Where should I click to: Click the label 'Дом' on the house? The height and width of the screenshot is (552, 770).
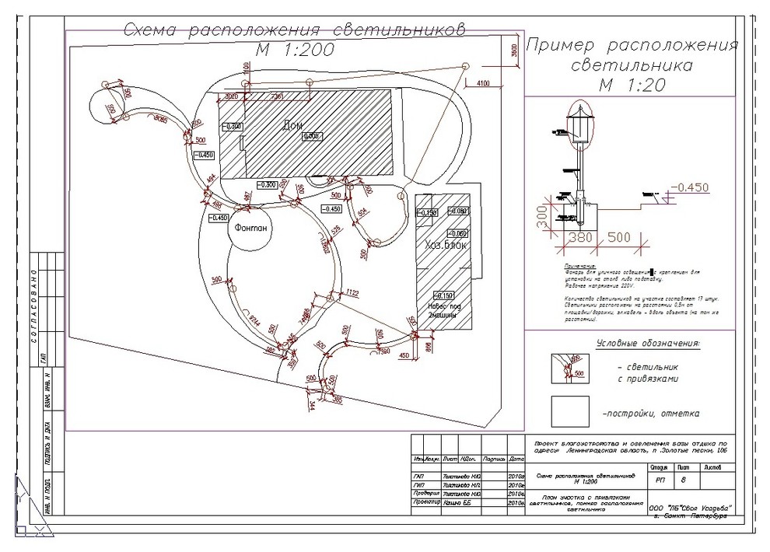292,127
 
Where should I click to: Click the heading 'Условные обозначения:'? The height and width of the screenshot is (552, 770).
648,343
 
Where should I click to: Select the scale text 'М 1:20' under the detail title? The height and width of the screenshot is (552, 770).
632,86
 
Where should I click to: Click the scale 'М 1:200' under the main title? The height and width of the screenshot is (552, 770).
295,50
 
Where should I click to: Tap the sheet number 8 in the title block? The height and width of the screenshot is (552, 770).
684,480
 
